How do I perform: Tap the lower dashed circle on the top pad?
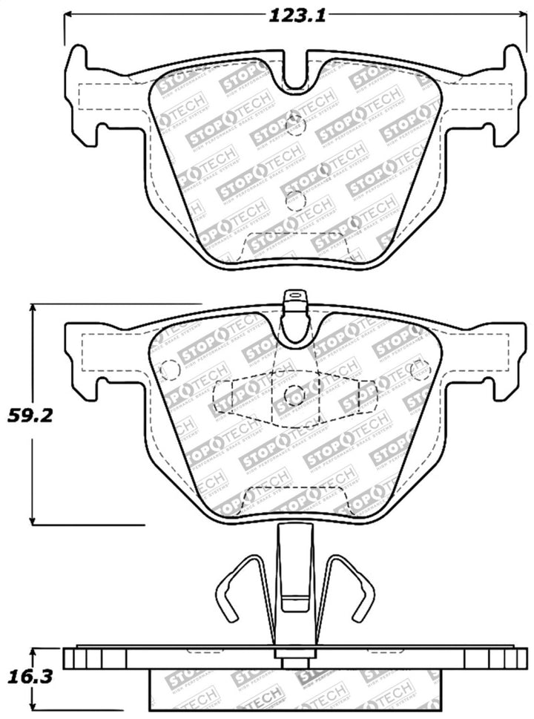[295, 198]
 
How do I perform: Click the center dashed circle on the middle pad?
[294, 395]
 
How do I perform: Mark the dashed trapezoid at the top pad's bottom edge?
[295, 245]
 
